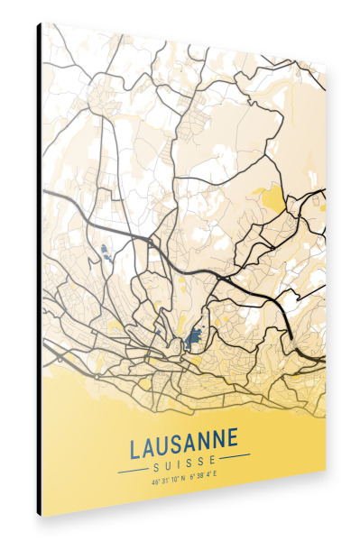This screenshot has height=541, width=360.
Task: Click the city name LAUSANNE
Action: click(184, 445)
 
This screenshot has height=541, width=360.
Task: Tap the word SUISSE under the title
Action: click(185, 464)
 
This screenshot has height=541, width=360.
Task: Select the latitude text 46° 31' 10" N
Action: click(169, 480)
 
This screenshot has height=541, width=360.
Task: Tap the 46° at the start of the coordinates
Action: click(156, 481)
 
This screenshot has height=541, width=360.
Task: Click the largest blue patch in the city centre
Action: click(192, 341)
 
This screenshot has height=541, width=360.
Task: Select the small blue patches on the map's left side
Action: click(106, 252)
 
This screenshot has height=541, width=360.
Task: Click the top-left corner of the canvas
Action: click(40, 23)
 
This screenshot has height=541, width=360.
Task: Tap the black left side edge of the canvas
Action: click(39, 270)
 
